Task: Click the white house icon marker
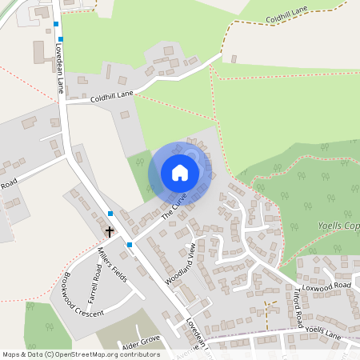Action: tap(180, 172)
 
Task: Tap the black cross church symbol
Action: tap(109, 230)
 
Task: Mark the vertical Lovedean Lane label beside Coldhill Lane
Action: tap(58, 68)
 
